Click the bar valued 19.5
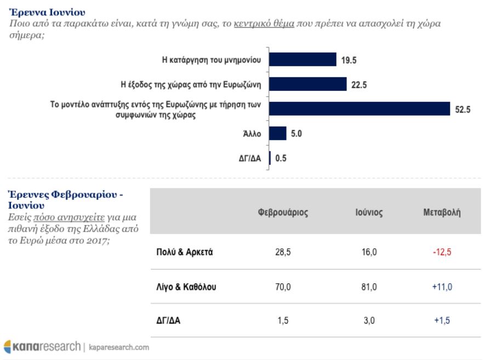(x=303, y=60)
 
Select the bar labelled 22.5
(x=308, y=84)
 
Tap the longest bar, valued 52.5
(x=360, y=108)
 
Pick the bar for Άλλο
(x=278, y=133)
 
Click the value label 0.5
(x=281, y=158)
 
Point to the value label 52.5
(x=463, y=110)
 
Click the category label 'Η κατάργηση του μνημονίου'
(x=212, y=60)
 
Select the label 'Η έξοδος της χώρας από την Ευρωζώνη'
(x=191, y=84)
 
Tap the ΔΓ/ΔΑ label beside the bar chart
(x=250, y=158)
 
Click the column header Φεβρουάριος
(x=283, y=212)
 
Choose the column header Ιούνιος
(x=369, y=212)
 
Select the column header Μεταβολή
(x=442, y=212)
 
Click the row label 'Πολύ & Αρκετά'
(x=184, y=252)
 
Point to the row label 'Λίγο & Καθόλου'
(x=186, y=287)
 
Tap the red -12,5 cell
(x=442, y=252)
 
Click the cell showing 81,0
(x=369, y=287)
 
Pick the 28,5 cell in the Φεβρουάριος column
(x=283, y=252)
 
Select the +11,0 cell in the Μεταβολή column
(x=442, y=287)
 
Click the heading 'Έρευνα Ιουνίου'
(x=48, y=13)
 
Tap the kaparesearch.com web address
(x=119, y=347)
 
